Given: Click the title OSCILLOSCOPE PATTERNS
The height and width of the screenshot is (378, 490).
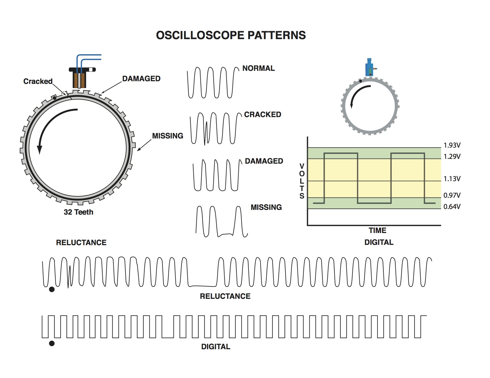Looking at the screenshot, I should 231,35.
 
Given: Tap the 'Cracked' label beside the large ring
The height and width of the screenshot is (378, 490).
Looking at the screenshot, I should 38,81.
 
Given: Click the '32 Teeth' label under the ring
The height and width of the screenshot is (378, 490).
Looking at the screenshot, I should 78,212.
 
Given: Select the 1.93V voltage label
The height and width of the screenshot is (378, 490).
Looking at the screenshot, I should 452,145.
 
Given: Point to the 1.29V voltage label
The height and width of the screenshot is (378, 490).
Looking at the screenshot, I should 452,157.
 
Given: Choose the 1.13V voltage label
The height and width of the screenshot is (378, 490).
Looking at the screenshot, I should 452,179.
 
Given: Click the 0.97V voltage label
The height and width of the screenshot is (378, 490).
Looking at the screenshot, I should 452,195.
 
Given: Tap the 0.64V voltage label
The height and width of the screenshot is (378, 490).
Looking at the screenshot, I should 452,207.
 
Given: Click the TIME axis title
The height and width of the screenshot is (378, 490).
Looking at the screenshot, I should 377,230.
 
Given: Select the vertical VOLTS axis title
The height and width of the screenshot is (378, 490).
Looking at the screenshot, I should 302,181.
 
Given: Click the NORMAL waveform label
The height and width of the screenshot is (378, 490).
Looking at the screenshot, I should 258,68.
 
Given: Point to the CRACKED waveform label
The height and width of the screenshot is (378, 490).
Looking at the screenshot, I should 263,114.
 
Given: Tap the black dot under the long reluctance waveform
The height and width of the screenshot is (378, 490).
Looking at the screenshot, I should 52,289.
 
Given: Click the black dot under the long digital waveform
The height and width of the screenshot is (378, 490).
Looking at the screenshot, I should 52,343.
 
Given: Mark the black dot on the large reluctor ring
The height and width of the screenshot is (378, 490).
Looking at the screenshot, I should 54,98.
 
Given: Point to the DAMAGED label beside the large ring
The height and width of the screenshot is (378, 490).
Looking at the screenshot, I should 141,79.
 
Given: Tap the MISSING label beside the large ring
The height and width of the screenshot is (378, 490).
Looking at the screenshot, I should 167,136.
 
